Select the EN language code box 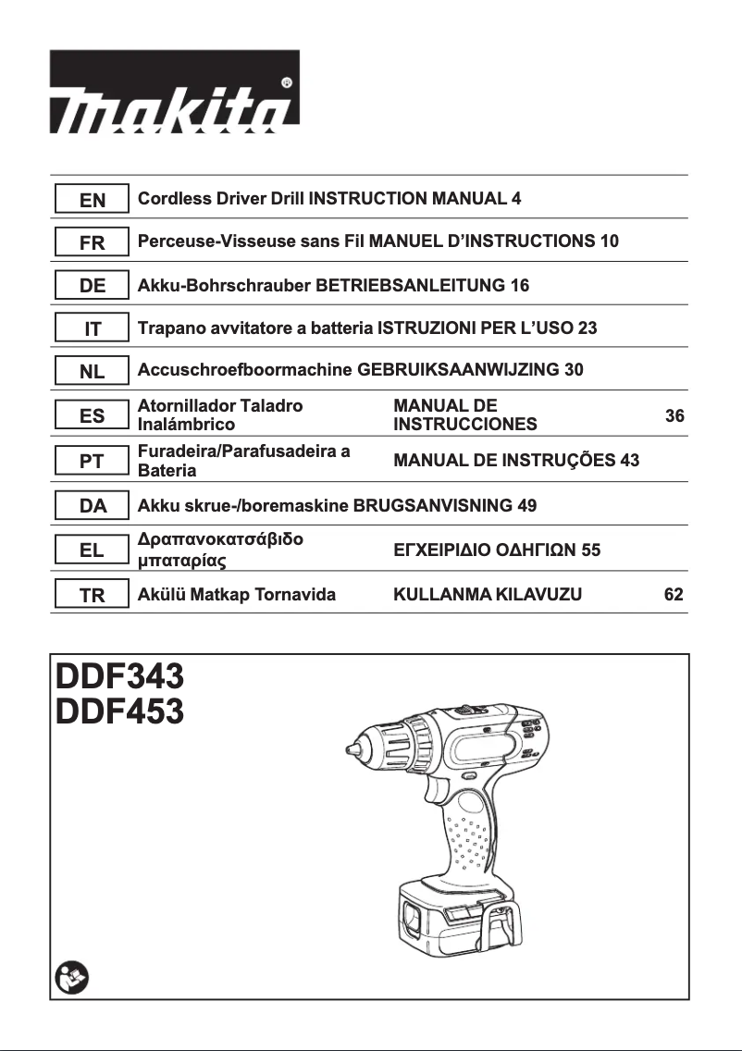[x=93, y=199]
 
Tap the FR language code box [x=93, y=242]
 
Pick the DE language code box [x=93, y=286]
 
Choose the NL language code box [x=93, y=372]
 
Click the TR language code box [x=93, y=595]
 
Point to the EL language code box [x=93, y=550]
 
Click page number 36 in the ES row [x=674, y=416]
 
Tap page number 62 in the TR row [x=674, y=594]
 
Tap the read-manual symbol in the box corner [x=69, y=976]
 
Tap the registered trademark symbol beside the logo [x=287, y=82]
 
